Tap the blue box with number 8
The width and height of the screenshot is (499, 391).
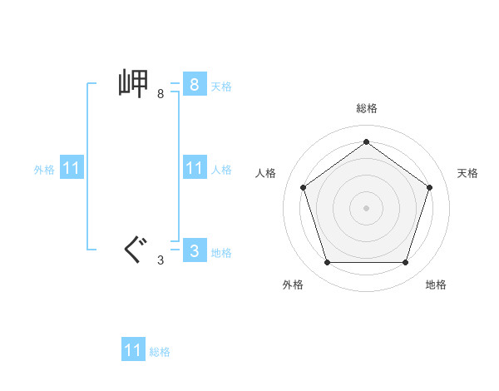194,84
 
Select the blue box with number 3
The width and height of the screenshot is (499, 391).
194,251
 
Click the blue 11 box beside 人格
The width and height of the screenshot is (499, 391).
194,168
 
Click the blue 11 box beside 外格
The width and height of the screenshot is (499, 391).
71,168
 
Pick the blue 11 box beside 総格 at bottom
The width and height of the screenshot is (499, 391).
133,349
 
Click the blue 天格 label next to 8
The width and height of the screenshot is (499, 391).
221,86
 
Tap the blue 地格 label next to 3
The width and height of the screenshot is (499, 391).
221,253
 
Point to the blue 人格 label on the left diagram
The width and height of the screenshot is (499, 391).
221,170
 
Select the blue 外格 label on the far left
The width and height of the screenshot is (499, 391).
44,170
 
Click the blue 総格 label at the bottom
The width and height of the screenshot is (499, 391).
160,352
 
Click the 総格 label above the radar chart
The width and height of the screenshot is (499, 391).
366,109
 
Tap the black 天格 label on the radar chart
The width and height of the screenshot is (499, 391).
467,173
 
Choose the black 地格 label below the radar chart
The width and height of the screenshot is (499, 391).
436,285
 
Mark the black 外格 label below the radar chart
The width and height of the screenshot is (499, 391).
293,285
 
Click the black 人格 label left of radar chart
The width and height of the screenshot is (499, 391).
266,173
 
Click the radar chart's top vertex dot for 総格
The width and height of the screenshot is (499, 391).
366,141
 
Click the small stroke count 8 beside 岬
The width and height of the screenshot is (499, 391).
161,94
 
